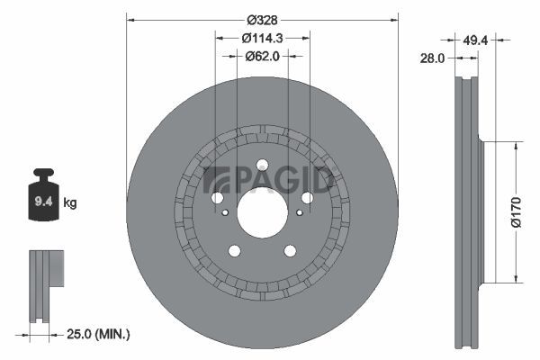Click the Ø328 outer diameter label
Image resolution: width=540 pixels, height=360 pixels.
(262, 21)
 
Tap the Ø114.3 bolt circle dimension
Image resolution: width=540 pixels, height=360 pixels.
(262, 38)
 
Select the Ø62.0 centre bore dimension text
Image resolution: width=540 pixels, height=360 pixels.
(262, 56)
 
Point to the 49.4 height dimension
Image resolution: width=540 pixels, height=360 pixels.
(475, 40)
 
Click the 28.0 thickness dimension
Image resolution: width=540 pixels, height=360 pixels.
(432, 58)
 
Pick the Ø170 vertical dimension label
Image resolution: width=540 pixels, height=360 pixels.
(517, 212)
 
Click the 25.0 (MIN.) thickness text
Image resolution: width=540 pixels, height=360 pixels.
(98, 334)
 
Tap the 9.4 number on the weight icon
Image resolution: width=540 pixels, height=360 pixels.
(43, 202)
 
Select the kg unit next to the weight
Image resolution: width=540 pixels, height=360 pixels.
(70, 203)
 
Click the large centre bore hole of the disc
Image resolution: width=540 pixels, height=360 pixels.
(263, 211)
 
